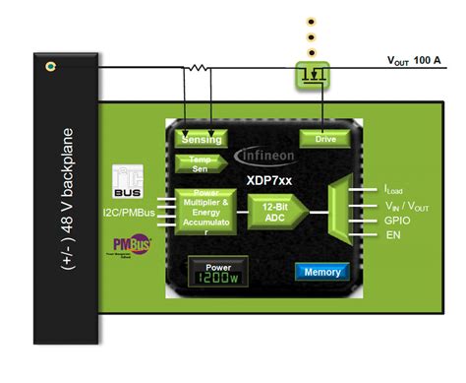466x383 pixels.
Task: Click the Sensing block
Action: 202,140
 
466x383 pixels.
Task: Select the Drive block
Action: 324,140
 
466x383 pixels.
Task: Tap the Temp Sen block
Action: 200,162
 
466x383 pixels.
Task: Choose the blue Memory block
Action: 321,271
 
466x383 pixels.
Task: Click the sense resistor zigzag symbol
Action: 198,68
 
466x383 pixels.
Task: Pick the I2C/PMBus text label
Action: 134,212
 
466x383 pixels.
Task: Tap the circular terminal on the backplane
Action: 50,68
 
